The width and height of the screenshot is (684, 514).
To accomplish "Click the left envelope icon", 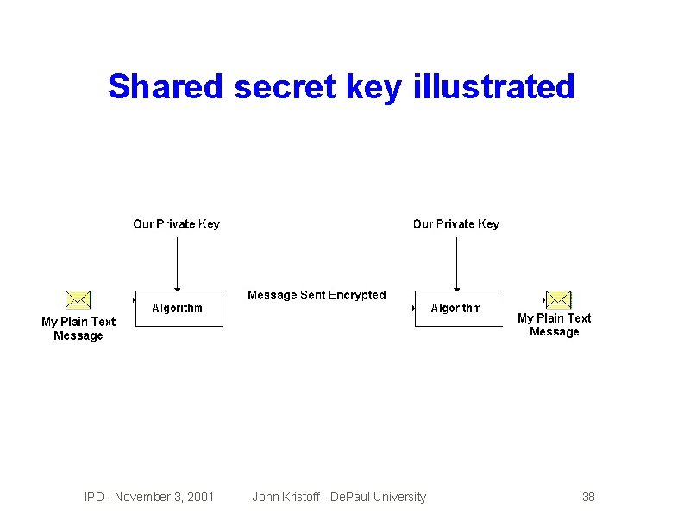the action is coord(78,300).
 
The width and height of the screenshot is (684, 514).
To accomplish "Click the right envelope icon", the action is coord(559,300).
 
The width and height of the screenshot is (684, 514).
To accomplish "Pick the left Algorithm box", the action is coord(179,309).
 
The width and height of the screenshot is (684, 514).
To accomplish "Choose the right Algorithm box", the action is coord(458,309).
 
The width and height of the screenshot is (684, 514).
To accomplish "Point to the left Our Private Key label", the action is coord(176,224).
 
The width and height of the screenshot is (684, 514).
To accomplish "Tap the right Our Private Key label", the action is coord(455,224).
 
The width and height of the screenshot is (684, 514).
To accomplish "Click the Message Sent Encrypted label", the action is coord(317,295).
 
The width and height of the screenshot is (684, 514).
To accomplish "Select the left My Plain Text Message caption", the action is coord(78,329).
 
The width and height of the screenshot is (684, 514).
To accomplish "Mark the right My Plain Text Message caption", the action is coord(554,325).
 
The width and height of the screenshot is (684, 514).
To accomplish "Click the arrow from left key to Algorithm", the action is coord(177,262).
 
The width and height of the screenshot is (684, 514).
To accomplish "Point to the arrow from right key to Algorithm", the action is coord(456,262).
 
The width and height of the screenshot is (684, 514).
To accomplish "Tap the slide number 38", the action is coord(588,497).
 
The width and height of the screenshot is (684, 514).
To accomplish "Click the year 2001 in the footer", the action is coord(200,497).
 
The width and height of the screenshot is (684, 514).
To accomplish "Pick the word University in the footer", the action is coord(398,497).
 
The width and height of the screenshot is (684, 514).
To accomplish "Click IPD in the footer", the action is coord(94,497).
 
